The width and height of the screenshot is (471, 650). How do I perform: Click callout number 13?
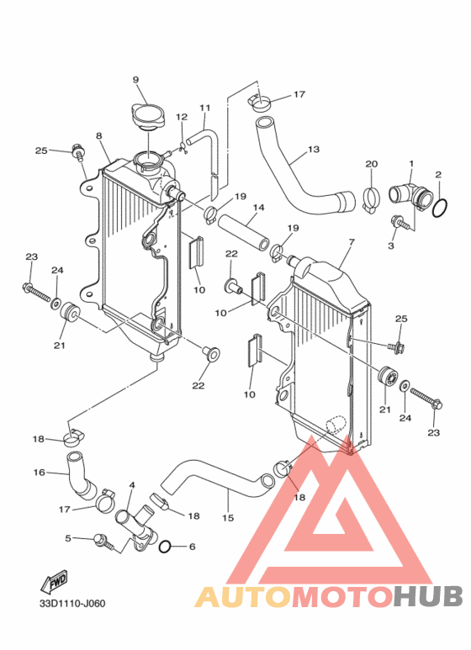[314, 149]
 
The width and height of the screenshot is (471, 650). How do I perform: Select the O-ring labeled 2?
[441, 208]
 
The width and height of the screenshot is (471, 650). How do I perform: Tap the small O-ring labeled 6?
[165, 547]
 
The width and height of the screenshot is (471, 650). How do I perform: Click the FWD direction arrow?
[54, 583]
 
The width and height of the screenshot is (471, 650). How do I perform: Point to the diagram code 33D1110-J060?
[73, 603]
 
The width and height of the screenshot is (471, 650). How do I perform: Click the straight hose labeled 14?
[244, 232]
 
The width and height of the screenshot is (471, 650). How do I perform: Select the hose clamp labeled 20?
[372, 200]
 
